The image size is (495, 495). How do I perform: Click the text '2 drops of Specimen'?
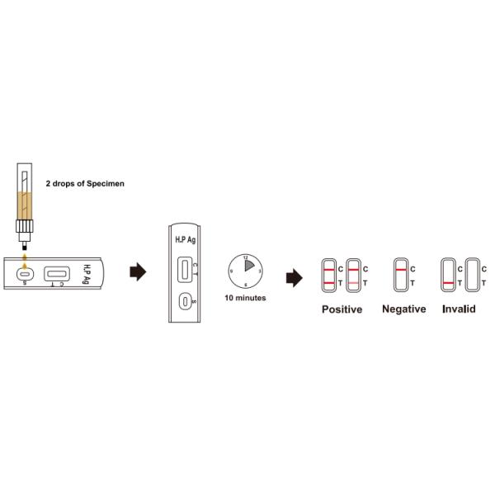tap(84, 183)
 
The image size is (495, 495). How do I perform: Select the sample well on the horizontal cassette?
tap(25, 273)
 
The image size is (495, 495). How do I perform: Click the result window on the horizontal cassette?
tap(57, 273)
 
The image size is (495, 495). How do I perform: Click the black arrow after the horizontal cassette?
tap(138, 273)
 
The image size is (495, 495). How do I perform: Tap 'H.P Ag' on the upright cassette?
tap(185, 239)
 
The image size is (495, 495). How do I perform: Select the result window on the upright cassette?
tap(185, 269)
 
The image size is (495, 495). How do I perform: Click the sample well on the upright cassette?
tap(185, 302)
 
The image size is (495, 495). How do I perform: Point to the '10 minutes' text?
tap(246, 298)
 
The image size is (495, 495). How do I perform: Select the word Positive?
tap(342, 309)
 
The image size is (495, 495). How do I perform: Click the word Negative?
tap(404, 309)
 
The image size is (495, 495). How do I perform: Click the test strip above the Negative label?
tap(401, 276)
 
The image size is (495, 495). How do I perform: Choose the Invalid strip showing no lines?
tap(473, 276)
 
